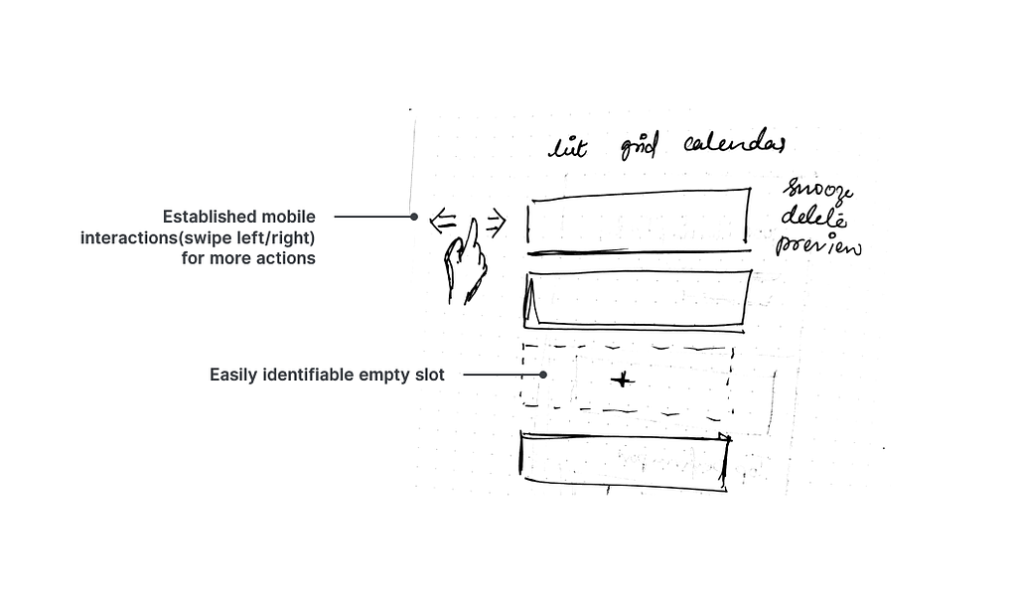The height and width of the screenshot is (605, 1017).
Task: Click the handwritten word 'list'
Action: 568,149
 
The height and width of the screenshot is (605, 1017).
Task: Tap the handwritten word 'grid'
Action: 639,147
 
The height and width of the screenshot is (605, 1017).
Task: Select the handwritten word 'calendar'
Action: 734,145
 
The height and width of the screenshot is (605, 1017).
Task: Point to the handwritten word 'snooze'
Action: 817,189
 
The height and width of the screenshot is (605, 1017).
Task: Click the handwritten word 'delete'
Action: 813,216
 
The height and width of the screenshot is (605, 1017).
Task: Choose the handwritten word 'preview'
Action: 818,243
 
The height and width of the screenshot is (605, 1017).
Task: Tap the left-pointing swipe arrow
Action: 443,223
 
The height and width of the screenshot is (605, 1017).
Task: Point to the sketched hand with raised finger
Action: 467,264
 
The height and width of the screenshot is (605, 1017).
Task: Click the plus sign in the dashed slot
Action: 622,379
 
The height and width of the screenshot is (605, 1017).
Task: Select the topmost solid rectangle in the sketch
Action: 638,219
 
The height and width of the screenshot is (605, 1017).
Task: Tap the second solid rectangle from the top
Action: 638,298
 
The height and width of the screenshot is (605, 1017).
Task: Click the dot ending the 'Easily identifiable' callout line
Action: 543,375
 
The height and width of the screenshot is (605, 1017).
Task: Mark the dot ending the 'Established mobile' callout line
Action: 414,216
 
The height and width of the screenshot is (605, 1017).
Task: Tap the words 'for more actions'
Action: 248,258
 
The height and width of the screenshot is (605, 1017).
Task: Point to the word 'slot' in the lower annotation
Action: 429,375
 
